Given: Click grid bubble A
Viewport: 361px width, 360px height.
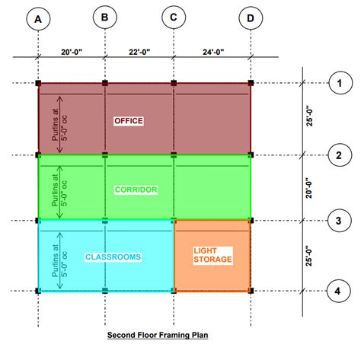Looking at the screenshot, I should click(37, 19).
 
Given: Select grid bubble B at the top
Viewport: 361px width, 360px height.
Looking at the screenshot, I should click(105, 16).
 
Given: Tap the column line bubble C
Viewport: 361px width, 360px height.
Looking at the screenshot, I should click(174, 16).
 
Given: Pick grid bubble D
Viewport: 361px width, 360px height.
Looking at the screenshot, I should click(250, 18).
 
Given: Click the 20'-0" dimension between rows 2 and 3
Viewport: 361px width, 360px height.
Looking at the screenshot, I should click(308, 188).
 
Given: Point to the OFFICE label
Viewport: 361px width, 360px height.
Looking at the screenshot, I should click(128, 121).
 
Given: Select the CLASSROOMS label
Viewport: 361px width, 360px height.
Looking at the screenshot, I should click(113, 257).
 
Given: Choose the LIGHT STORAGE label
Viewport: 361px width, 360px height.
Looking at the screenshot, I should click(212, 255).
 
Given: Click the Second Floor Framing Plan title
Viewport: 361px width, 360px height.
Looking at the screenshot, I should click(157, 334).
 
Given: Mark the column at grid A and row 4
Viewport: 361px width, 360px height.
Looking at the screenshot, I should click(37, 290).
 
